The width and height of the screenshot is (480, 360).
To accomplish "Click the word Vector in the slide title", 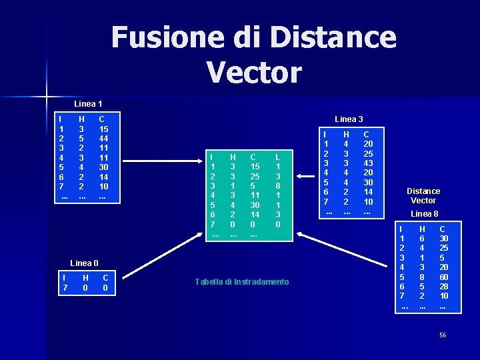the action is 254,72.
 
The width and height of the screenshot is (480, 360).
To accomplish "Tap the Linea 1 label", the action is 88,104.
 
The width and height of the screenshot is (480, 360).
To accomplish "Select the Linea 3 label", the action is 349,119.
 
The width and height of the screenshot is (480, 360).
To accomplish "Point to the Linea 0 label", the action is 85,263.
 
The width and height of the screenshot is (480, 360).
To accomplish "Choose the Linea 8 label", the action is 424,214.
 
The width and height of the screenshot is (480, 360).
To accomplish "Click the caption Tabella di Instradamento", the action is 242,282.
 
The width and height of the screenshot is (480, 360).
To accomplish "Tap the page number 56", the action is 442,335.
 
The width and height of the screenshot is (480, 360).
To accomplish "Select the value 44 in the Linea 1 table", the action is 103,139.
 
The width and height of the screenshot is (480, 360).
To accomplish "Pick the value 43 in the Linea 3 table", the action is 368,163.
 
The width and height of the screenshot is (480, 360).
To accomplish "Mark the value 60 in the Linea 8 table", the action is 443,276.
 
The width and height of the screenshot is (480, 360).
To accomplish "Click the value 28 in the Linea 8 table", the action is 443,286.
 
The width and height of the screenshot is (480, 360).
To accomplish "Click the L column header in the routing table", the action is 277,157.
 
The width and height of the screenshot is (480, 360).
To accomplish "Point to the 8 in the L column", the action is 277,186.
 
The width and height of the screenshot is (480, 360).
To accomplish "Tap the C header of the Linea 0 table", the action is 106,277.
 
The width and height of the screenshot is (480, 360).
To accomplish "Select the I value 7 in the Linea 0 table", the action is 64,287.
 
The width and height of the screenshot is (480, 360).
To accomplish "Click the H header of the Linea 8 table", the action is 421,228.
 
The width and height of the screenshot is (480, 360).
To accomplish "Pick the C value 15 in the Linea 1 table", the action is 103,129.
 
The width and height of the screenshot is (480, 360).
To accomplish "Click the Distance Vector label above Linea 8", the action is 423,196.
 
